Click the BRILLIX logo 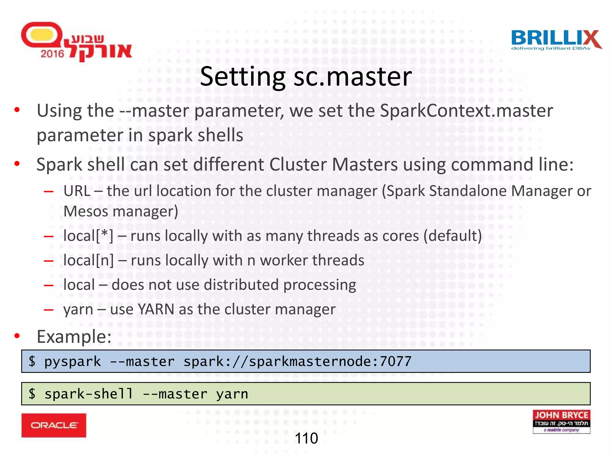[556, 40]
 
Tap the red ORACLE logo [54, 425]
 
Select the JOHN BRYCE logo [561, 421]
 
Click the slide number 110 [306, 438]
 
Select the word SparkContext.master [466, 111]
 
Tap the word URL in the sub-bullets [77, 191]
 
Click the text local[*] [88, 236]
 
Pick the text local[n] [88, 260]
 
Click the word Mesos [86, 211]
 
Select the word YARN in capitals [156, 309]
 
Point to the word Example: [74, 336]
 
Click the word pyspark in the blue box [72, 361]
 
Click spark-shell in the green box [88, 394]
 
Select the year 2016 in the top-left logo [52, 54]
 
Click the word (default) [452, 236]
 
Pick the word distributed [241, 285]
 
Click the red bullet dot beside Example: [17, 336]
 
